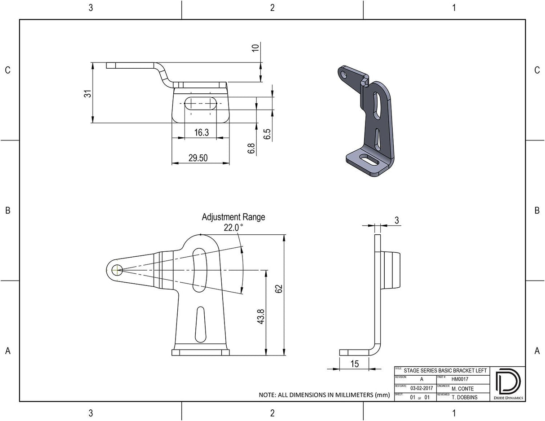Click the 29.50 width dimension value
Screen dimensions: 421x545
pos(198,158)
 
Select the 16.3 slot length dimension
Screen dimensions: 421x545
pos(201,132)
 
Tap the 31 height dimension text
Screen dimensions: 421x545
pos(88,93)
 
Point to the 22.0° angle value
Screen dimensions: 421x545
pos(233,228)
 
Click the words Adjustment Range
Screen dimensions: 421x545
pos(233,217)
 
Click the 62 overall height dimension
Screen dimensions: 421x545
pos(279,289)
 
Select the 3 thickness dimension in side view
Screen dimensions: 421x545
pos(396,220)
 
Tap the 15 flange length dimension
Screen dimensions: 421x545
pos(355,364)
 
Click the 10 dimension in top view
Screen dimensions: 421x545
pos(256,48)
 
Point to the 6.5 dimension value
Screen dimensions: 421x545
pos(267,134)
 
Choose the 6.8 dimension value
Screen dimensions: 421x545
pos(251,149)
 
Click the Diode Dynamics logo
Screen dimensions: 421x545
pos(507,384)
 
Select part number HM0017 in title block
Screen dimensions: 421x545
pos(460,379)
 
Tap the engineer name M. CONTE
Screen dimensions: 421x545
pos(462,388)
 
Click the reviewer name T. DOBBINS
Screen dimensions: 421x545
pos(464,397)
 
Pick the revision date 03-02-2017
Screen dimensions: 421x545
pos(422,388)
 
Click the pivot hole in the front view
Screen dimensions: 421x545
pos(117,270)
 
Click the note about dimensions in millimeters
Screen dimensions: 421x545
pos(324,395)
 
